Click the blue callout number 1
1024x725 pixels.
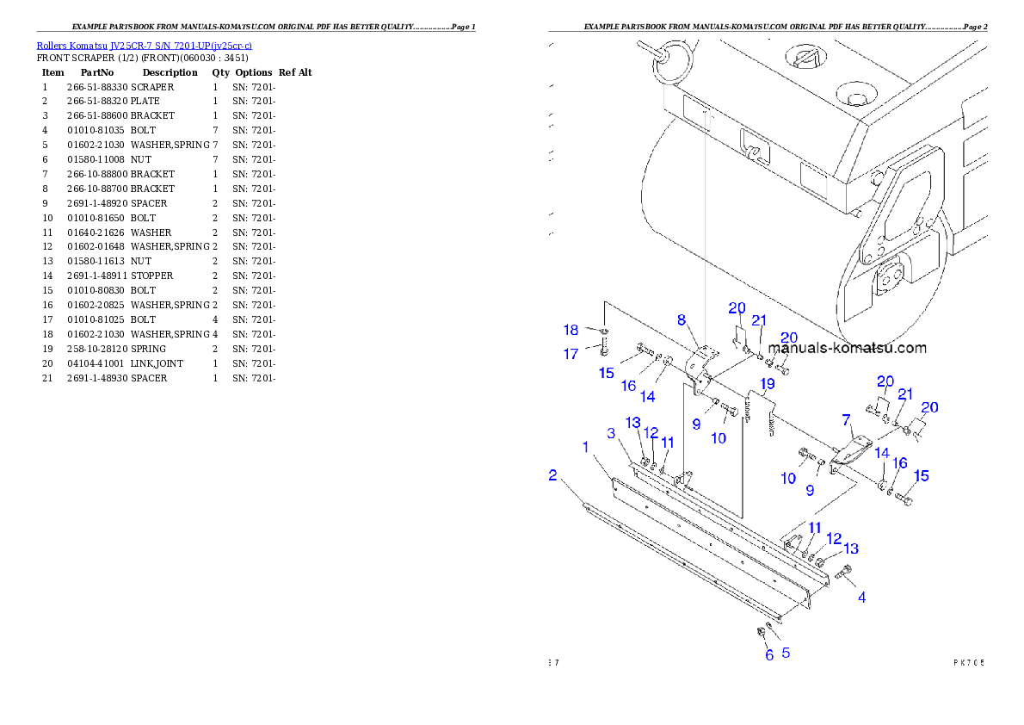click(x=586, y=447)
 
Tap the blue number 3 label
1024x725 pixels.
click(x=611, y=433)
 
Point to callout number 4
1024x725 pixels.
click(x=861, y=597)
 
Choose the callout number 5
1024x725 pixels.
click(x=786, y=653)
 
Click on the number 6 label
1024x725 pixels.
click(x=769, y=655)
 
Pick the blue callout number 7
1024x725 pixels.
click(x=846, y=419)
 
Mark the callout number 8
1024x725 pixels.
click(x=682, y=319)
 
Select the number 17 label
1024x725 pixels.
click(x=571, y=354)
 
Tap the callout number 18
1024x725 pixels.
click(x=571, y=330)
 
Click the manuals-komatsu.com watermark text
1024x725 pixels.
click(x=847, y=348)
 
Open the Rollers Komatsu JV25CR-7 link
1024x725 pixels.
click(x=144, y=46)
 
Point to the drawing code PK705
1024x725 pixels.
click(x=968, y=662)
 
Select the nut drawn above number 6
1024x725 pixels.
click(x=762, y=633)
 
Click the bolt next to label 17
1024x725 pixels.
click(x=604, y=349)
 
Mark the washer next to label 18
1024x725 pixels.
click(x=604, y=332)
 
